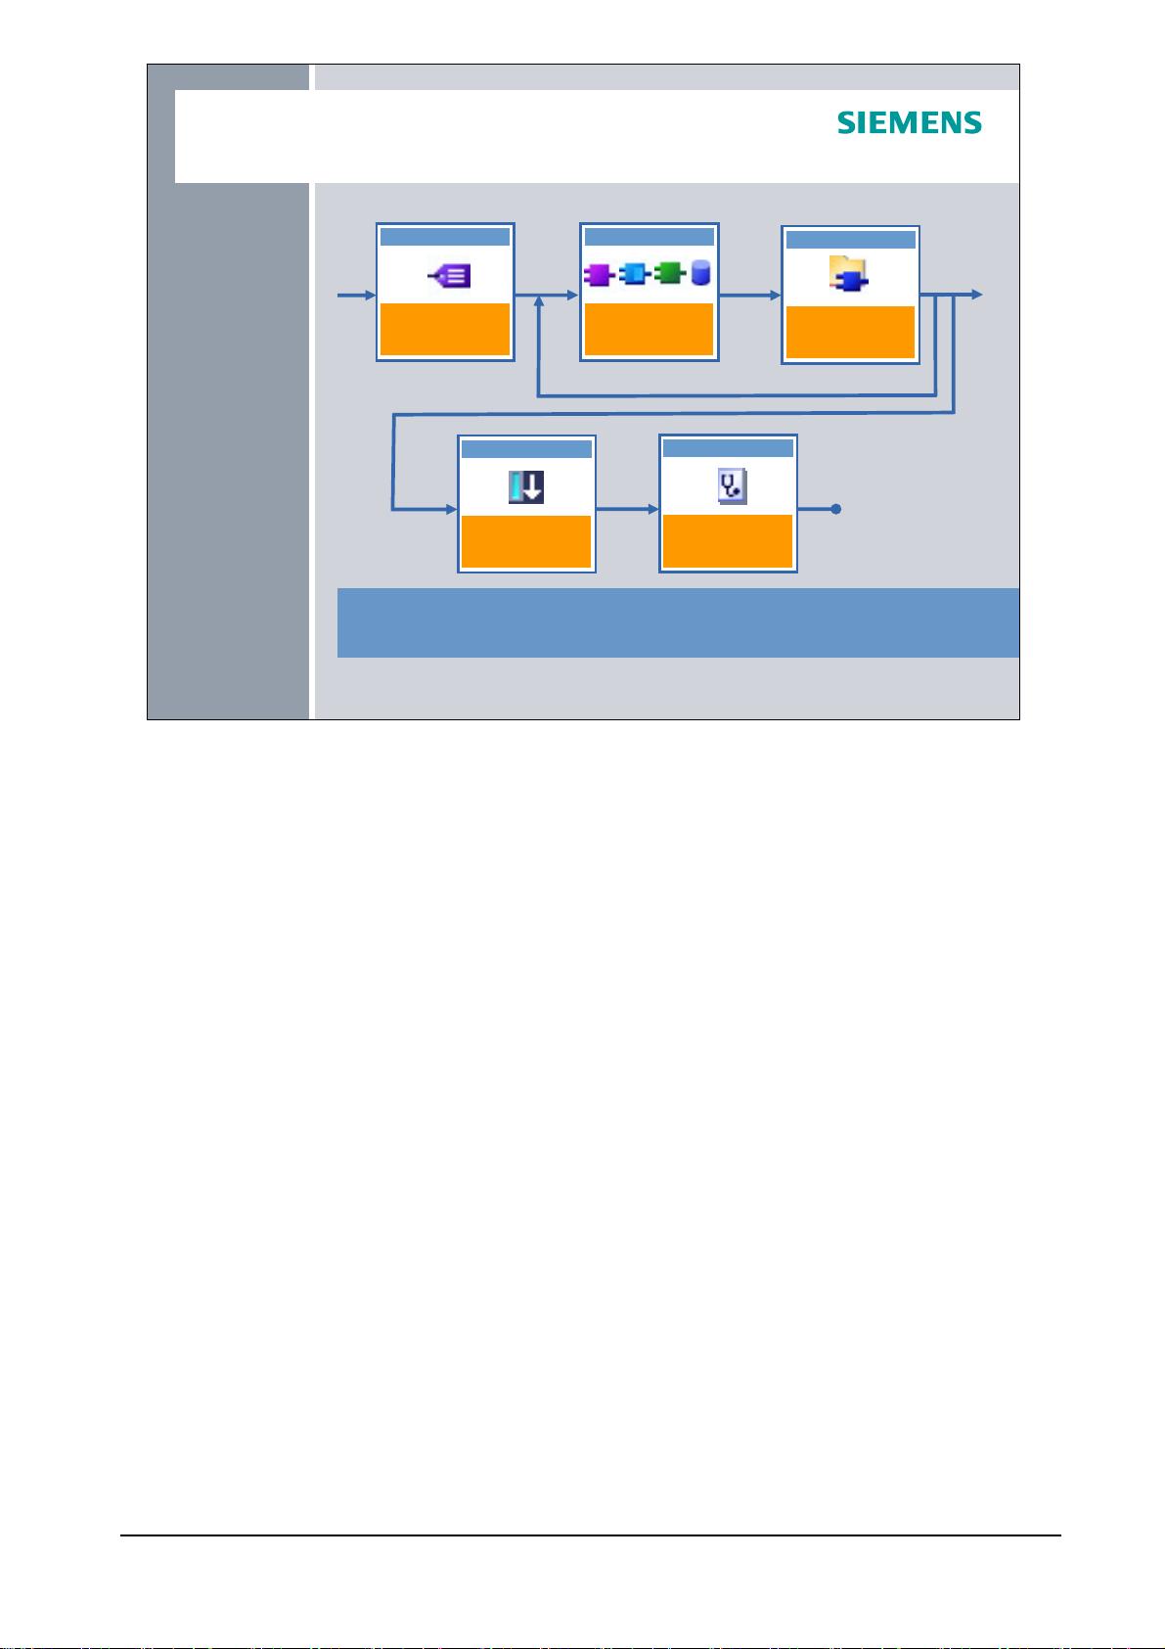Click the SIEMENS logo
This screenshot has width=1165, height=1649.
[x=909, y=122]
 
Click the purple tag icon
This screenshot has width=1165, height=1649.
[x=449, y=276]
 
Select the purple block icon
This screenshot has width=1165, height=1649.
[x=599, y=275]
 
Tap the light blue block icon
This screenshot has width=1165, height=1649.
[x=634, y=274]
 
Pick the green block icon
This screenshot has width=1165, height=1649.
[x=669, y=273]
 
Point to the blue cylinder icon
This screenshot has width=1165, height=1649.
[x=700, y=273]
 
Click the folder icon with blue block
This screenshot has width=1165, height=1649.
[x=848, y=273]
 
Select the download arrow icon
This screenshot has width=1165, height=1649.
[x=526, y=487]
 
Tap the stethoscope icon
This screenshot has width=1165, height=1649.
[x=733, y=486]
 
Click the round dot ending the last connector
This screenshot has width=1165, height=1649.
[x=836, y=509]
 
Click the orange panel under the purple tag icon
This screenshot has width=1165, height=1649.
[x=445, y=329]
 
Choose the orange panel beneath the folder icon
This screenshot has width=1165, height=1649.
[x=850, y=332]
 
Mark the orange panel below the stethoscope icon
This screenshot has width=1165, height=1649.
[x=728, y=541]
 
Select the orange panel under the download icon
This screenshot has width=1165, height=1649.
[x=526, y=541]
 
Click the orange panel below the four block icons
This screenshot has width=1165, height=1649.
[x=649, y=329]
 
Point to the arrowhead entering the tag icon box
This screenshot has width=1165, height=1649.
[x=371, y=296]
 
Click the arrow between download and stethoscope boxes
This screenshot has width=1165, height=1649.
[x=627, y=509]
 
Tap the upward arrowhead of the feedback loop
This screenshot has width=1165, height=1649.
[x=539, y=301]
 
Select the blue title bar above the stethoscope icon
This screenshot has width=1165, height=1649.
[x=728, y=447]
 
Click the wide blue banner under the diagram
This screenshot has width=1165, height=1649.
[x=678, y=622]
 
